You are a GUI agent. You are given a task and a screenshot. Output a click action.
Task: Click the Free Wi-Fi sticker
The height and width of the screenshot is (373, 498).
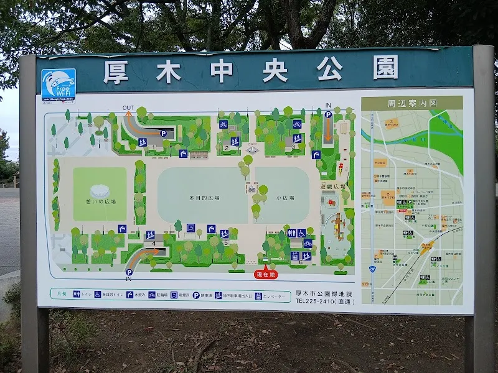click(58, 84)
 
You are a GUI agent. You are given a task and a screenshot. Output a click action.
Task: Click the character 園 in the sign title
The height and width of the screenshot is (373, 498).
click(385, 68)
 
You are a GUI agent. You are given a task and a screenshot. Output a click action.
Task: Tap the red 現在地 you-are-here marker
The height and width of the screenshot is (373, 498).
click(266, 274)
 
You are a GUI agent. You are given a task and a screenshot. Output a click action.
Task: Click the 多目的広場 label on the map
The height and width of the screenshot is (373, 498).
click(202, 198)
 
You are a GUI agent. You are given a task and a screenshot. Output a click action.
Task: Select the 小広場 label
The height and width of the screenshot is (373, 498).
click(284, 198)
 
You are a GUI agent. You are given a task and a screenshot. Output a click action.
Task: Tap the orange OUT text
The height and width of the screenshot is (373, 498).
click(128, 108)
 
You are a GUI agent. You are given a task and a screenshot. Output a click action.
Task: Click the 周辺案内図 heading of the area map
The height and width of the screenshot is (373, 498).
click(411, 103)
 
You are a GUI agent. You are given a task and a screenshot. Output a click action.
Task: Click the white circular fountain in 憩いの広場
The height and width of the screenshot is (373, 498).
click(99, 191)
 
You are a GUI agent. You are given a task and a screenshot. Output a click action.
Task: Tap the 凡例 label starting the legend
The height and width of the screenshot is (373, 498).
click(60, 294)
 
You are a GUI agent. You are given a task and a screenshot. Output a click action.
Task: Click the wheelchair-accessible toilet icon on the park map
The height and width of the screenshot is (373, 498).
click(301, 233)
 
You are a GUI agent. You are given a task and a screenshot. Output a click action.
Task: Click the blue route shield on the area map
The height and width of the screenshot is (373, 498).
click(372, 269)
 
